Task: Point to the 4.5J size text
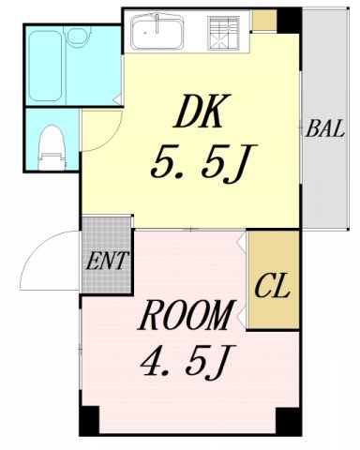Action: [x=185, y=359]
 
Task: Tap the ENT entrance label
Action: [x=105, y=260]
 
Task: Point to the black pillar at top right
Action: [x=289, y=19]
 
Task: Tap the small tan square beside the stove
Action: [x=264, y=19]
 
